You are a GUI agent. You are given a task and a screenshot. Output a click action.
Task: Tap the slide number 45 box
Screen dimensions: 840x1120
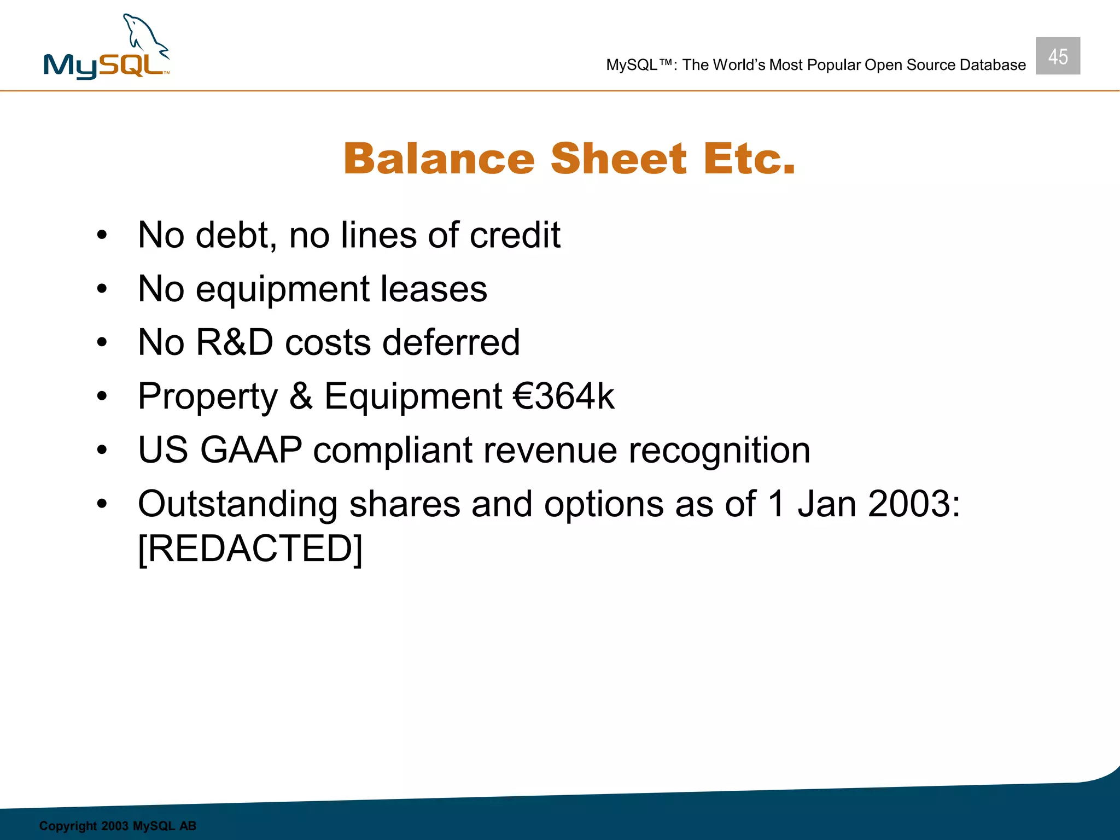click(1057, 56)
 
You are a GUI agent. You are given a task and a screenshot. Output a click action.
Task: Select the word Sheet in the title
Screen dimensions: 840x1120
click(618, 159)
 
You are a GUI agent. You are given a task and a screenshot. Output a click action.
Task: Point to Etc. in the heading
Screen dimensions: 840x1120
click(749, 159)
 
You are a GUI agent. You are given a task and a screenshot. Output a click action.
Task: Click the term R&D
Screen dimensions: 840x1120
click(234, 343)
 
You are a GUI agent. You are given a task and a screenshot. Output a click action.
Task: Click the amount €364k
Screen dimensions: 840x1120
click(563, 396)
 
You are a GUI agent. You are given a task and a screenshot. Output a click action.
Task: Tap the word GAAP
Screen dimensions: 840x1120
click(251, 451)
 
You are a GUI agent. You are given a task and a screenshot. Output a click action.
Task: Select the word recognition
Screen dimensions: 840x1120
click(719, 451)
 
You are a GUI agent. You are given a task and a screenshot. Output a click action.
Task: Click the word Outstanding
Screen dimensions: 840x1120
click(237, 504)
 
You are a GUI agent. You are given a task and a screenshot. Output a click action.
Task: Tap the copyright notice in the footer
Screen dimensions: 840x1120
click(118, 826)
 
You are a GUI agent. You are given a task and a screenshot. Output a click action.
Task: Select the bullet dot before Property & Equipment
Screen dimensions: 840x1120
click(102, 396)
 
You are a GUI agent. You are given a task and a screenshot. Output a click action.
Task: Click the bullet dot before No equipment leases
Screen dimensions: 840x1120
click(102, 289)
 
